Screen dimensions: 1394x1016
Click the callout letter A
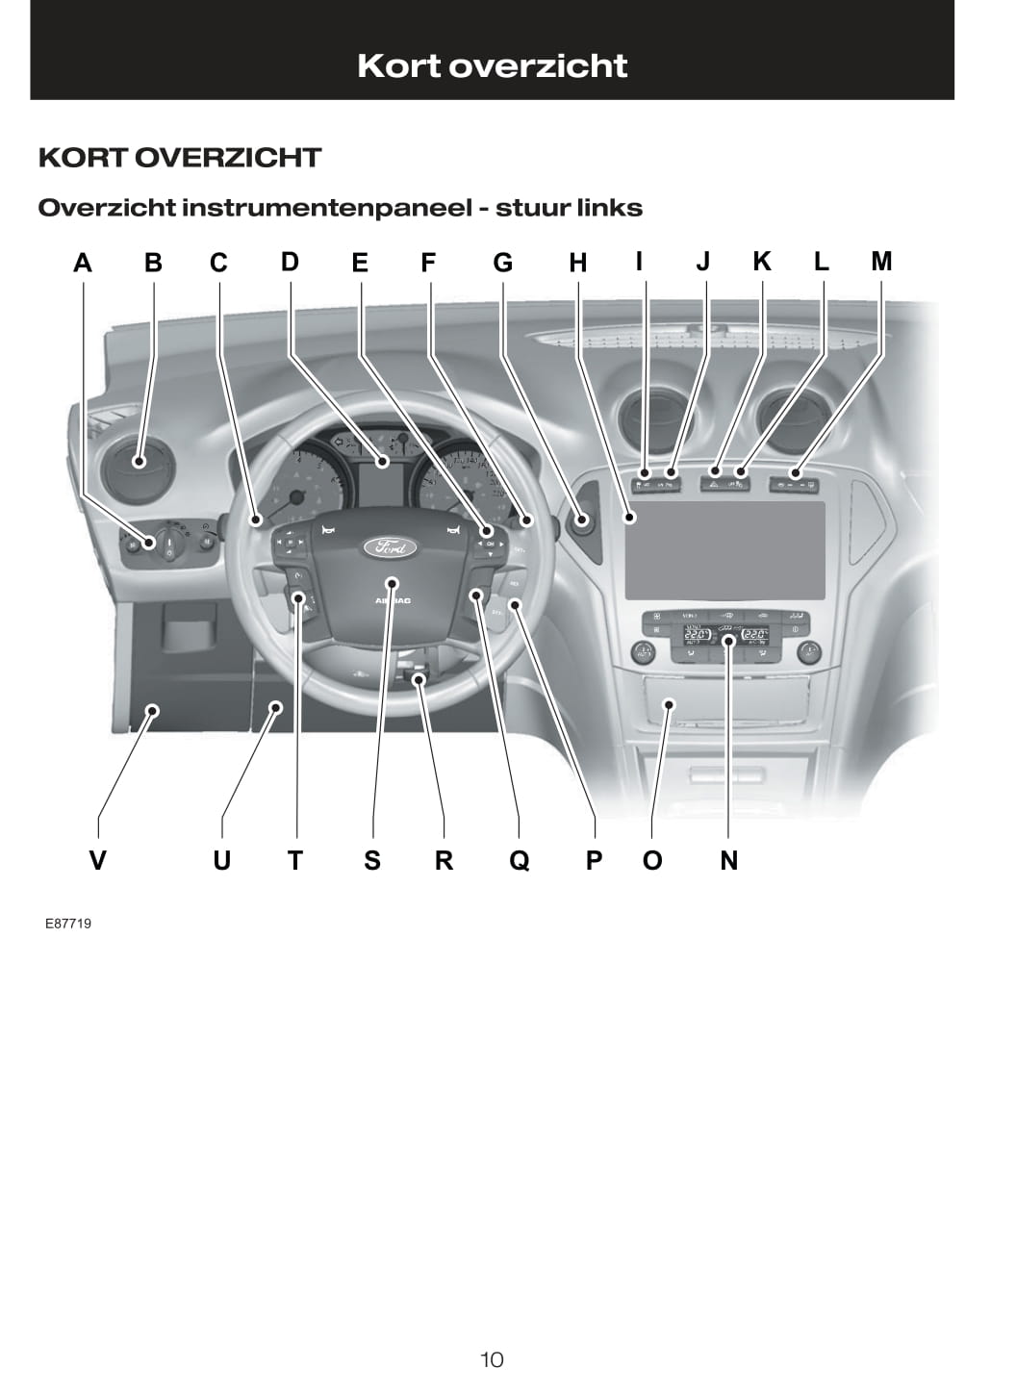click(83, 263)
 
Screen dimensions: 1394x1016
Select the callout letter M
click(881, 261)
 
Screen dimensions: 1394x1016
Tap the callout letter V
click(97, 860)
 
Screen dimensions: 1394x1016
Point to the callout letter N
click(729, 860)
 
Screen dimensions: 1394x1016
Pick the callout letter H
click(577, 263)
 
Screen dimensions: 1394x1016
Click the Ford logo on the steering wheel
click(391, 547)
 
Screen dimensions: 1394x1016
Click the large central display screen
click(724, 550)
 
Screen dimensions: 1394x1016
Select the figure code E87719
click(68, 924)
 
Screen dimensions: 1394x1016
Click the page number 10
click(492, 1359)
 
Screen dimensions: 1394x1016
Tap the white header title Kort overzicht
click(492, 65)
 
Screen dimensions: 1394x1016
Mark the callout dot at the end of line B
click(140, 461)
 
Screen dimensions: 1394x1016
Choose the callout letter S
click(372, 860)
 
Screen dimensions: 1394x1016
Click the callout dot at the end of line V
click(152, 710)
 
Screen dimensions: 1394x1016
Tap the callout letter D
click(290, 262)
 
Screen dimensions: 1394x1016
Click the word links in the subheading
click(609, 208)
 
